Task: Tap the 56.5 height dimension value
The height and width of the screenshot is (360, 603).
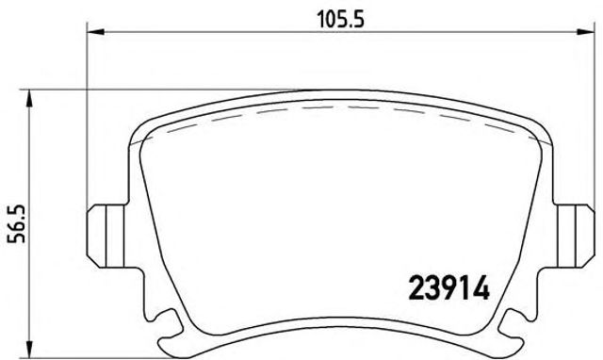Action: (x=15, y=224)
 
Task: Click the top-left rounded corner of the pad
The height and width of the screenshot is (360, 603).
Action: (x=141, y=127)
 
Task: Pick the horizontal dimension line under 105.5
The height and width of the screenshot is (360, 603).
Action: (x=236, y=32)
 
